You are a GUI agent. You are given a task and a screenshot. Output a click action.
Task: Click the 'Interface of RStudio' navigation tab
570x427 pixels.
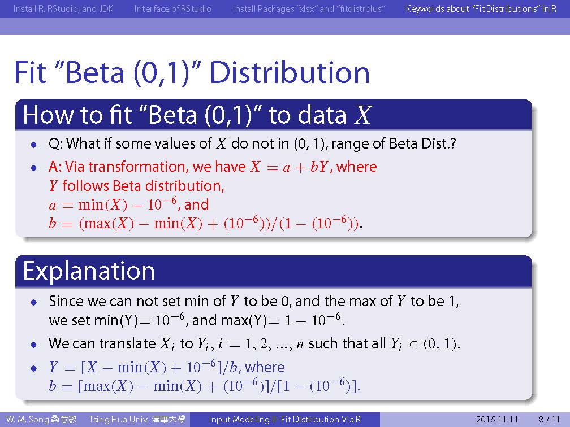pos(172,8)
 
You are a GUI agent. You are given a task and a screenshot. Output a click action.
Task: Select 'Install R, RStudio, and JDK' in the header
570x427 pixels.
pos(63,8)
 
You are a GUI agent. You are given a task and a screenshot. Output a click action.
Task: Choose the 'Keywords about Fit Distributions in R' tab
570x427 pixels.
pos(481,8)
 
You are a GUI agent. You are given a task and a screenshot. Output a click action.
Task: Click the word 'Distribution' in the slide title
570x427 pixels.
pos(290,73)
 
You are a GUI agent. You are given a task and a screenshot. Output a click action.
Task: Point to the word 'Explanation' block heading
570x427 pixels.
pos(89,271)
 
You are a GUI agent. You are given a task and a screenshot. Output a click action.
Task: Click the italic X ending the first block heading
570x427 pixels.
pos(362,115)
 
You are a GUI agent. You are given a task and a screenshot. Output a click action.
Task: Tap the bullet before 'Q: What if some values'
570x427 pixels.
pos(34,145)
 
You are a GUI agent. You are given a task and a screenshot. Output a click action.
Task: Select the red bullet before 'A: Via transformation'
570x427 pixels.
pos(34,168)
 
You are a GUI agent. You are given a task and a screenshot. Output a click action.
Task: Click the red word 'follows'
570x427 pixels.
pos(85,186)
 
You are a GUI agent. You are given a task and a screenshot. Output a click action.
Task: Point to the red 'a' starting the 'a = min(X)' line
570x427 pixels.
pos(53,206)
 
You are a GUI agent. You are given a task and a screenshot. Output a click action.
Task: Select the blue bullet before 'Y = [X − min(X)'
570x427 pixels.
pos(34,368)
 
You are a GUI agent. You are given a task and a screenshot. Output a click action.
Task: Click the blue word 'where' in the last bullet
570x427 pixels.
pos(265,367)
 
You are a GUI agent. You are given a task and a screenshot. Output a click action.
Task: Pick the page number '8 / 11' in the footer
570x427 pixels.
pos(549,419)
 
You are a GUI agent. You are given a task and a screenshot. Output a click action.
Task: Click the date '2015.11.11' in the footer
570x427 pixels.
pos(497,419)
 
